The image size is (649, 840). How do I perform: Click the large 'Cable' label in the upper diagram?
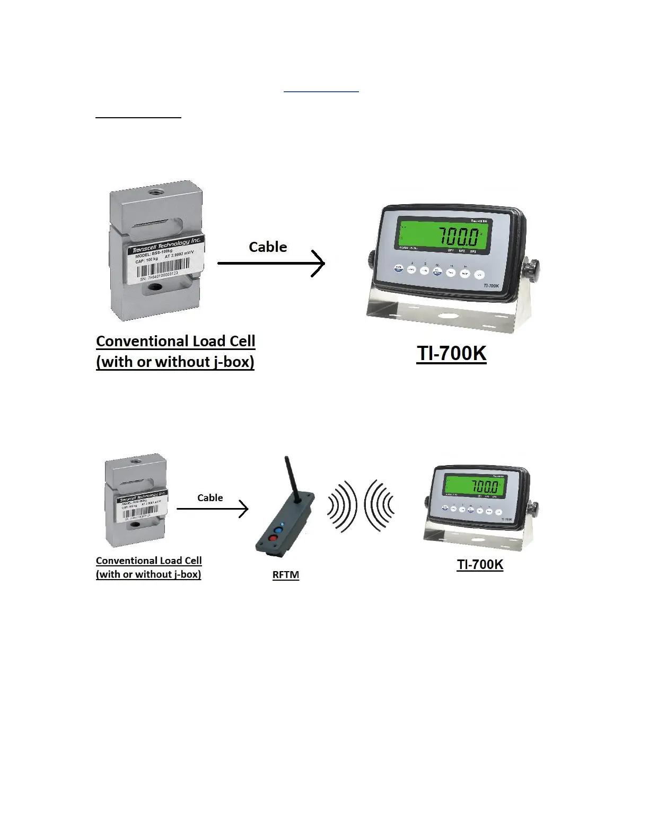point(268,247)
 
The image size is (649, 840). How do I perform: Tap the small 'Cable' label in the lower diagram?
point(210,498)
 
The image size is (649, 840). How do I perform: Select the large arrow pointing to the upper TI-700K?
point(271,263)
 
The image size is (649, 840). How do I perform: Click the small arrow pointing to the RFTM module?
point(212,509)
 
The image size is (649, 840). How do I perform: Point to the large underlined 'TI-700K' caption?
point(451,354)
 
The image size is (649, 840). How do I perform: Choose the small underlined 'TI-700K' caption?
point(480,564)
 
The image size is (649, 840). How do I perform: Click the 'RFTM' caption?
point(286,575)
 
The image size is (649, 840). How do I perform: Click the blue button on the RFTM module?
point(277,529)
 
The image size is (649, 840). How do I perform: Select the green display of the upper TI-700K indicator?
point(441,234)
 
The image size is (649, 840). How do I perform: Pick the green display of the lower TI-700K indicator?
point(475,486)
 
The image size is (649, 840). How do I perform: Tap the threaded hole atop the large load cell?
point(157,189)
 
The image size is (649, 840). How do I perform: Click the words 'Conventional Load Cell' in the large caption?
point(176,341)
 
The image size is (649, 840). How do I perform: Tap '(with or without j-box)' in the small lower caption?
point(148,574)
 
